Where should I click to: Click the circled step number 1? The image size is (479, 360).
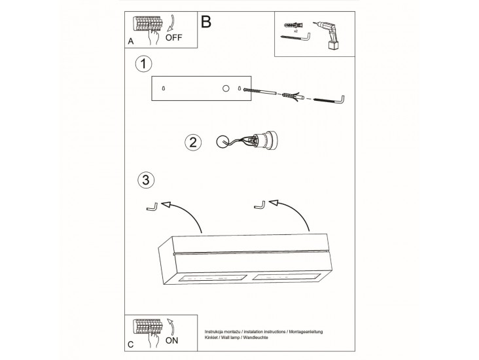pos(143,64)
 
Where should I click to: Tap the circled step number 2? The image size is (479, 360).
pos(193,143)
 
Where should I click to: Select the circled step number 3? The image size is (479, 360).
pos(146,180)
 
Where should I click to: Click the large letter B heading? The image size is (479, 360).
pos(206,22)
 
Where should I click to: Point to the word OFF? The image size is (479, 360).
pos(173,37)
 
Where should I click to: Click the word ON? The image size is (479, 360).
pos(171,340)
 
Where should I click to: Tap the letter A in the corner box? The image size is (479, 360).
pos(131,41)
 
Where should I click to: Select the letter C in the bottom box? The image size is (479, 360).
pos(131,345)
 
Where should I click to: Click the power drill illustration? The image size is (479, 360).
pos(326,35)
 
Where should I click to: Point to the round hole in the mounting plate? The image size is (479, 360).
pos(226,88)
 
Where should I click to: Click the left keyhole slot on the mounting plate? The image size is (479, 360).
pos(164,88)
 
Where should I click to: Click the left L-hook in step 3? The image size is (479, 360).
pos(152,207)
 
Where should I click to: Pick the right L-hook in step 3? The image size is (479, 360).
pos(259,206)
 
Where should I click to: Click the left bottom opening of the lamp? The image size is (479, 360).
pos(212,278)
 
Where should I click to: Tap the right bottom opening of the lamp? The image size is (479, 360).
pos(285,277)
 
